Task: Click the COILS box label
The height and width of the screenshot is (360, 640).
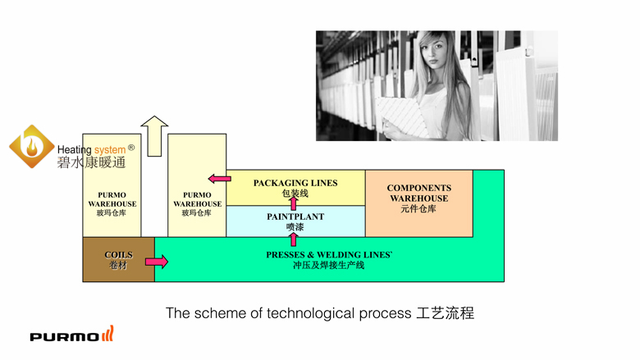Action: click(118, 255)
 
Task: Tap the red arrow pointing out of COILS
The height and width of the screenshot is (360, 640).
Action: click(156, 262)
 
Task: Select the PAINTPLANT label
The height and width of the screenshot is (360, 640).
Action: click(295, 216)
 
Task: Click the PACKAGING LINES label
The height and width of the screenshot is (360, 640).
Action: click(295, 183)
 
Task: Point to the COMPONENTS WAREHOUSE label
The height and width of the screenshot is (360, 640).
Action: click(419, 193)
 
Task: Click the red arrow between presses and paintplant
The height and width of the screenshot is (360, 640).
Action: click(294, 239)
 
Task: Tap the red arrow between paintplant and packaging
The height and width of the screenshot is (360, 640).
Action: click(294, 203)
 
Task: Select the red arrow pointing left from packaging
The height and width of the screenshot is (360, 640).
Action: click(219, 178)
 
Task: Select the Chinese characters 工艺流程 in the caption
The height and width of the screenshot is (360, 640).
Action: click(445, 313)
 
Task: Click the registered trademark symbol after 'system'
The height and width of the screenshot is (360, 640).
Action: click(131, 148)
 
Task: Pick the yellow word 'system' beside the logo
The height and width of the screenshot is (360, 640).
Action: click(110, 150)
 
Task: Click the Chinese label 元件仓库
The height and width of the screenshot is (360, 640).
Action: click(418, 209)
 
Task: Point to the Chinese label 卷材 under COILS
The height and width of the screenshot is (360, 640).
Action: click(118, 265)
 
